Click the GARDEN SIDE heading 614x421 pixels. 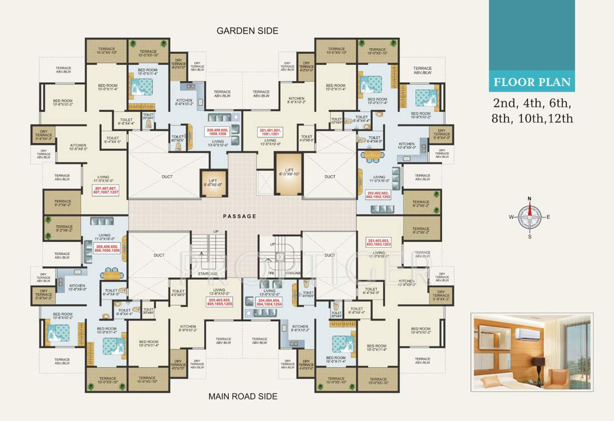[247, 31]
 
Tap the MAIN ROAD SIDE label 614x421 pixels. [243, 396]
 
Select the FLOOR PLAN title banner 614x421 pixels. [531, 83]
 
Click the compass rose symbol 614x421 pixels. [529, 217]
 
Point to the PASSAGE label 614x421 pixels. [239, 217]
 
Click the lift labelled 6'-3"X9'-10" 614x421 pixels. [288, 174]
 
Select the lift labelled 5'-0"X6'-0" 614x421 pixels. [213, 182]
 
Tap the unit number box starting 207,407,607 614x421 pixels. [106, 190]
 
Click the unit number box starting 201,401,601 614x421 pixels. [269, 132]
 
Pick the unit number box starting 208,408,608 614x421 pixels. [218, 132]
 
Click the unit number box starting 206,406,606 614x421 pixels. [107, 248]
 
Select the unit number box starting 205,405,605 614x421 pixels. [220, 301]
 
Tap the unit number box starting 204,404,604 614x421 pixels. [269, 301]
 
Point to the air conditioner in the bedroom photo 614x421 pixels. [528, 333]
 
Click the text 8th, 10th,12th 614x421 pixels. [532, 118]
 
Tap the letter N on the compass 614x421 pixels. [529, 199]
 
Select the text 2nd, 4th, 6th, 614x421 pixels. [531, 103]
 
